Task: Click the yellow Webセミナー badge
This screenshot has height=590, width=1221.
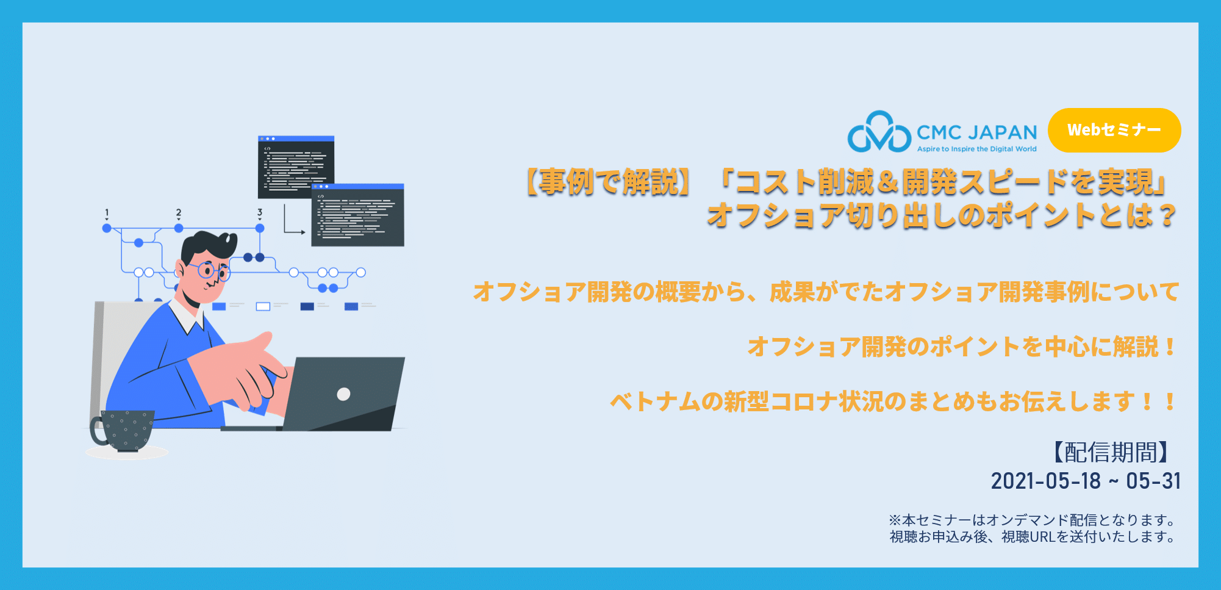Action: [1114, 130]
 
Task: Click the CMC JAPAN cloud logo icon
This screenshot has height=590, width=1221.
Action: [879, 131]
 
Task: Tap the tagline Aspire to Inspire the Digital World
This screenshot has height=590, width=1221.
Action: [976, 149]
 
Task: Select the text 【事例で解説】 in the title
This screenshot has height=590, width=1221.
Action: [608, 182]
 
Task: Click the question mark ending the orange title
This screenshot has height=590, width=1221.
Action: [1167, 215]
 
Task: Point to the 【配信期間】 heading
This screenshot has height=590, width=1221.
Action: [1111, 452]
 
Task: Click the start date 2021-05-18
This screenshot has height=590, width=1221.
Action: [1045, 481]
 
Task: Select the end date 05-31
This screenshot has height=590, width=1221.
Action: [1153, 481]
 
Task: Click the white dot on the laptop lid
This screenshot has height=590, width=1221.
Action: [343, 394]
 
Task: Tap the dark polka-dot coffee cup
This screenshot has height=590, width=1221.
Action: [123, 430]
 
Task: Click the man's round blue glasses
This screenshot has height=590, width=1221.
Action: [210, 271]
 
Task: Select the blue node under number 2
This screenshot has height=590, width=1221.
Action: [179, 228]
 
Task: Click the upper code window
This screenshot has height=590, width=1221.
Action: [296, 167]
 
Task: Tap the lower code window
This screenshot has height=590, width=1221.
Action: [357, 215]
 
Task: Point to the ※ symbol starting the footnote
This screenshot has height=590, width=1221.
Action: [895, 520]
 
